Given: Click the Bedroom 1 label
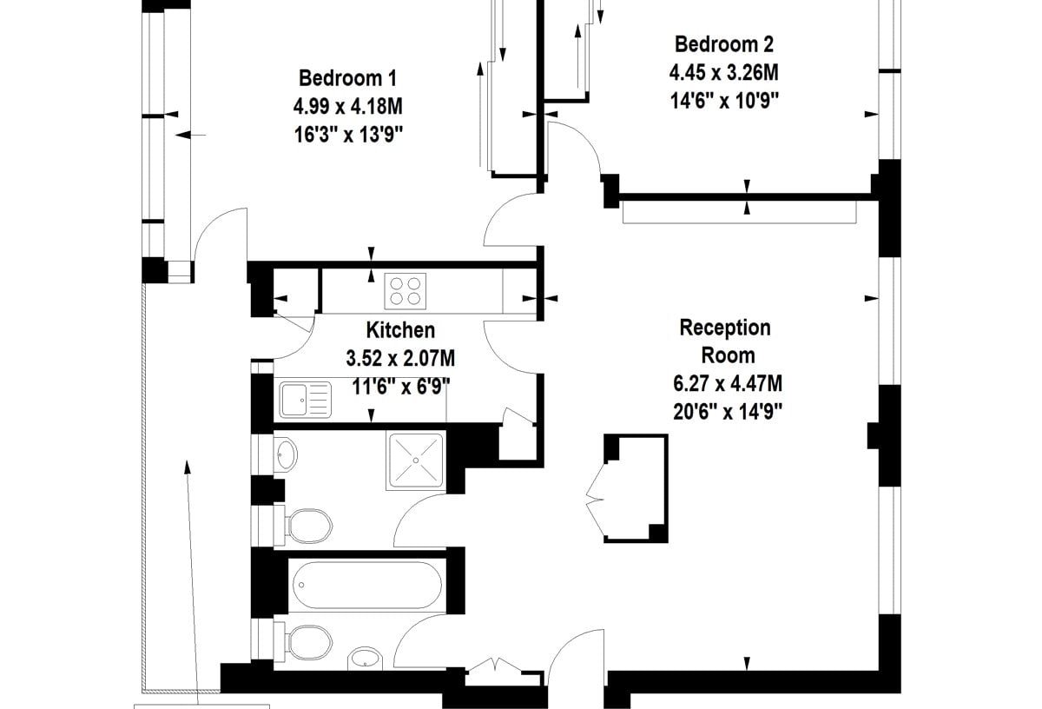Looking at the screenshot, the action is coord(347,78).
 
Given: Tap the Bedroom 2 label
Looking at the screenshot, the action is coord(724,44).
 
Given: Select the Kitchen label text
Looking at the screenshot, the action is coord(400,330).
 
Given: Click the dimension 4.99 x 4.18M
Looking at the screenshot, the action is coord(347,107).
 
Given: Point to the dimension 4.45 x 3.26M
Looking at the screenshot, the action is coord(724,73).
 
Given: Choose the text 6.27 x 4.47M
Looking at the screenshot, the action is coord(728,383).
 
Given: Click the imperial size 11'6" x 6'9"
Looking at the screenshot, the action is coord(400,387).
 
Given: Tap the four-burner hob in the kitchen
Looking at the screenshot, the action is coord(406,291).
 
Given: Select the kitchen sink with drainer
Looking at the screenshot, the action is coord(306,400).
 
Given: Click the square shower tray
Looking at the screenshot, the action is coord(416,461).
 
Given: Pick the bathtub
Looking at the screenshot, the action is coord(367,585).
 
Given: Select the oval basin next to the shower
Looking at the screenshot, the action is coord(286,454).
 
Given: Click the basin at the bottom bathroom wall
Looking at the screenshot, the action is coord(366,659).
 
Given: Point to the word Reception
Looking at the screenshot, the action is coord(725,328).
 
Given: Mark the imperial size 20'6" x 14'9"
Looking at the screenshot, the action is coord(728,412).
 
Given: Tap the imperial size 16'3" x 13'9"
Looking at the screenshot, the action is coord(348,135).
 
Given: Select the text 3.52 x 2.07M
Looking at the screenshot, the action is coord(400,359).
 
